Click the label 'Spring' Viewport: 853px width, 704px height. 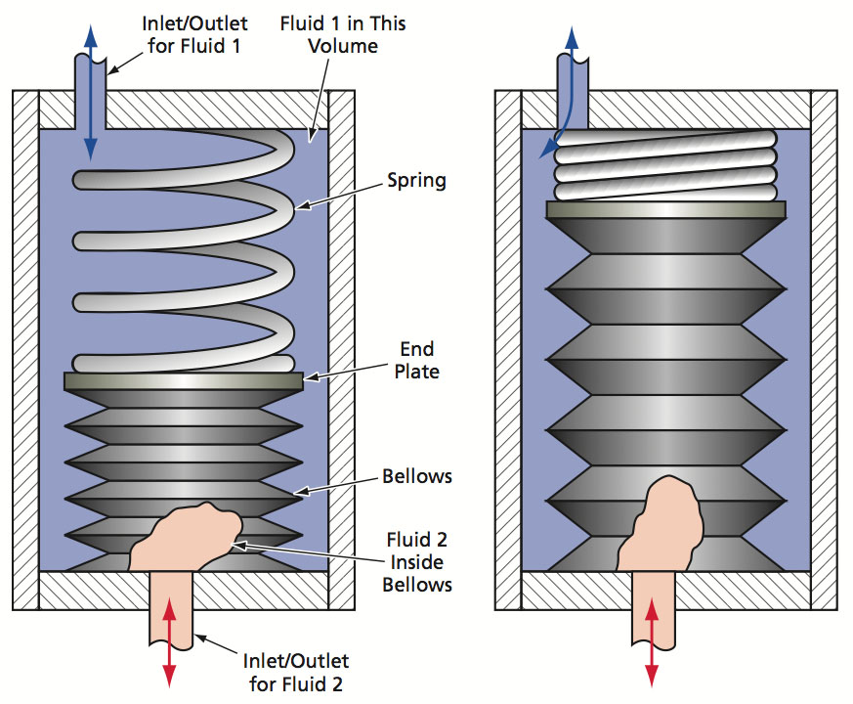click(x=416, y=181)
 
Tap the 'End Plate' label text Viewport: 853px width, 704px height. click(x=417, y=360)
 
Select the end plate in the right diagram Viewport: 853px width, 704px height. click(x=666, y=209)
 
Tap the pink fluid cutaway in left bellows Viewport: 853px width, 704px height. click(x=181, y=538)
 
